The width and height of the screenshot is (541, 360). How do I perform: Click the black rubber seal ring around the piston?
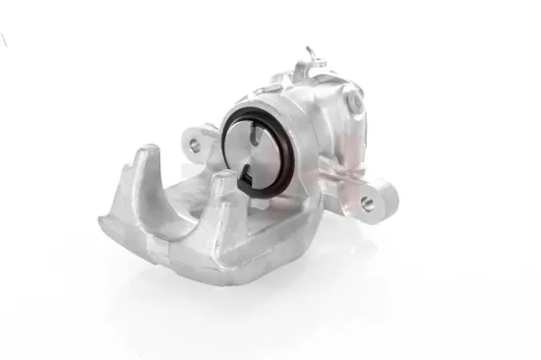click(x=230, y=127)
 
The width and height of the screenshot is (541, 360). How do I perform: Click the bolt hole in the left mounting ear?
click(x=193, y=144)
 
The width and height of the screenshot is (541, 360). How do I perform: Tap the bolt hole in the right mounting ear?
click(x=367, y=203)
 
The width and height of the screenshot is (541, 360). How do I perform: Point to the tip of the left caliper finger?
click(x=145, y=153)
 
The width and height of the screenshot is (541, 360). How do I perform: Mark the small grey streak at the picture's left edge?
click(x=3, y=39)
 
